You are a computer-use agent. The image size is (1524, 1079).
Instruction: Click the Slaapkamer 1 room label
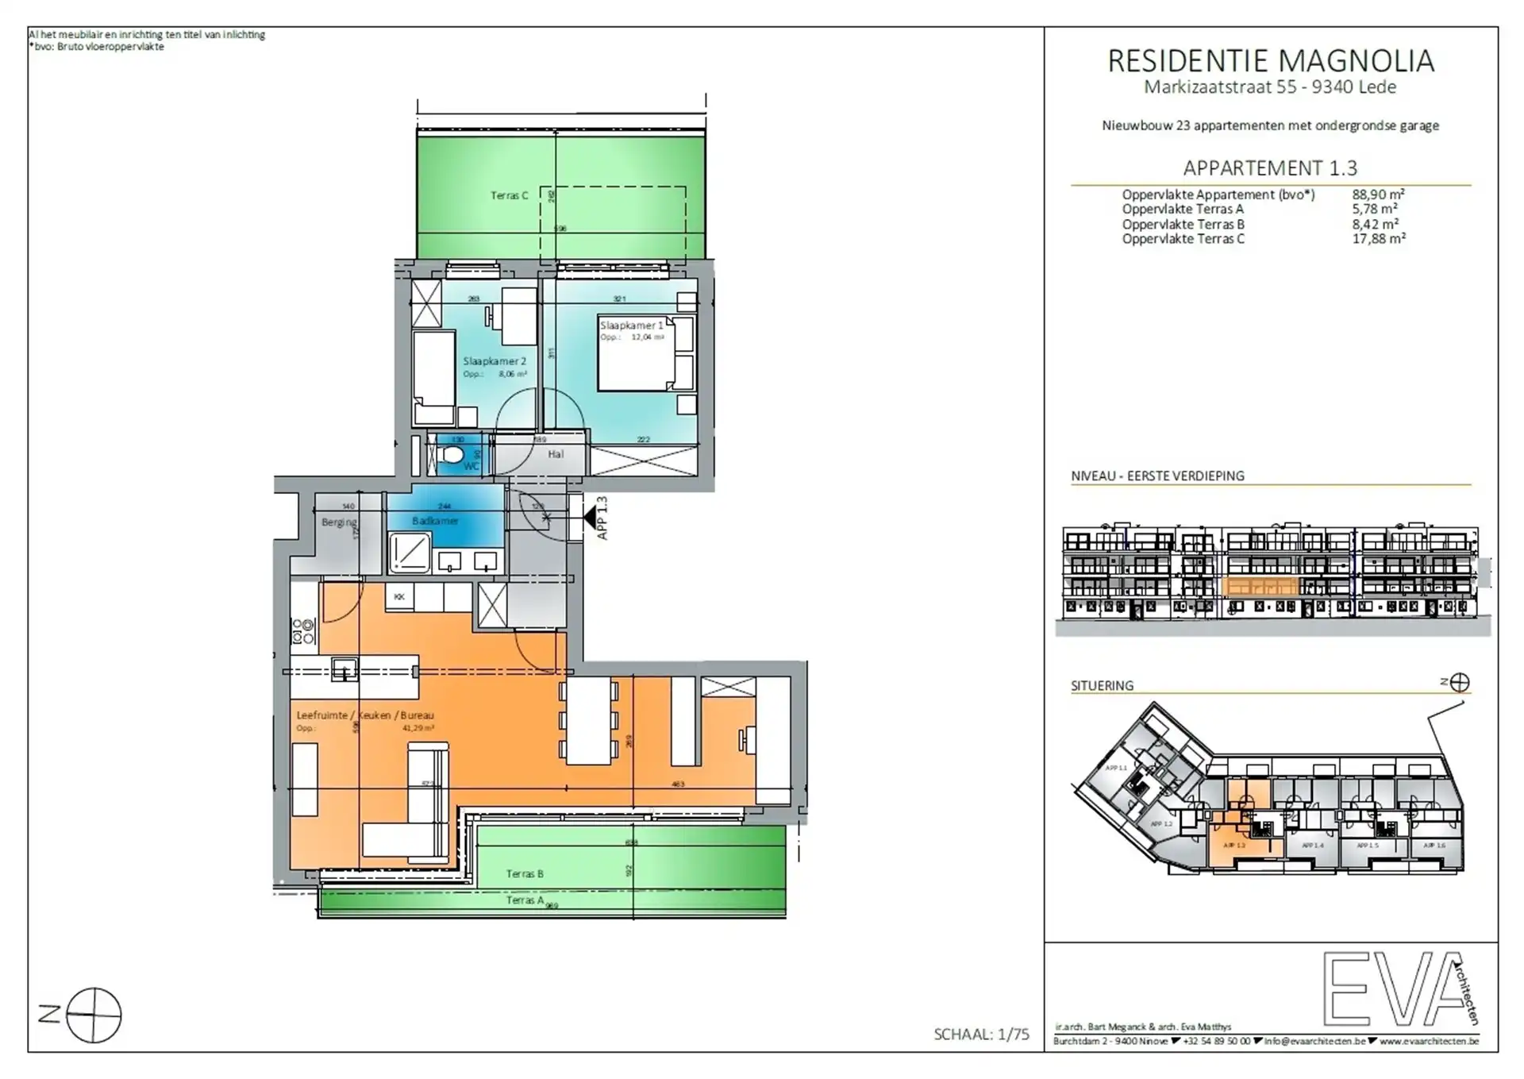pos(631,326)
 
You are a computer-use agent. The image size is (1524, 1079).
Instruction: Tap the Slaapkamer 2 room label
pos(495,361)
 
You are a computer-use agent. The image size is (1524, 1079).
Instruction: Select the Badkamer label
pos(435,521)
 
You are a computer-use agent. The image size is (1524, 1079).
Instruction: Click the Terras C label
pos(509,195)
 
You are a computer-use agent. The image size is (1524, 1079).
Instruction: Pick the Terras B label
pos(525,873)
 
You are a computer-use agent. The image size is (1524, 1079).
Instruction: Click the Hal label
pos(556,454)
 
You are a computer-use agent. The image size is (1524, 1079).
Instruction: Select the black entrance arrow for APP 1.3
pos(590,518)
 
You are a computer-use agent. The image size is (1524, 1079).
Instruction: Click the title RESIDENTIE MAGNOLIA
pos(1270,61)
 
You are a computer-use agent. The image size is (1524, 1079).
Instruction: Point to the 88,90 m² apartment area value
pos(1379,195)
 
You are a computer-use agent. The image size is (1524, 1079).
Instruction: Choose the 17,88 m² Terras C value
pos(1379,238)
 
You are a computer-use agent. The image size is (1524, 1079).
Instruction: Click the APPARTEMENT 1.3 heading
pos(1270,168)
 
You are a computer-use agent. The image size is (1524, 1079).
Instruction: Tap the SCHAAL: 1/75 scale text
pos(981,1034)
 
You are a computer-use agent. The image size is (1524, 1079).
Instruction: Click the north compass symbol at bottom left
pos(94,1015)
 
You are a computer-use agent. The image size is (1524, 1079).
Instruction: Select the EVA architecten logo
pos(1401,988)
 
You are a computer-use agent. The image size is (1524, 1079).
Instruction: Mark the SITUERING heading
pos(1102,685)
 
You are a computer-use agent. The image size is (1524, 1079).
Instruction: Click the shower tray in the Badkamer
pos(410,553)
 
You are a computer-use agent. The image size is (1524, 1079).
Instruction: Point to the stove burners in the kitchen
pos(304,632)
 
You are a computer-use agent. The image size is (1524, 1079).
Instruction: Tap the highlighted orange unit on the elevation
pos(1260,588)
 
